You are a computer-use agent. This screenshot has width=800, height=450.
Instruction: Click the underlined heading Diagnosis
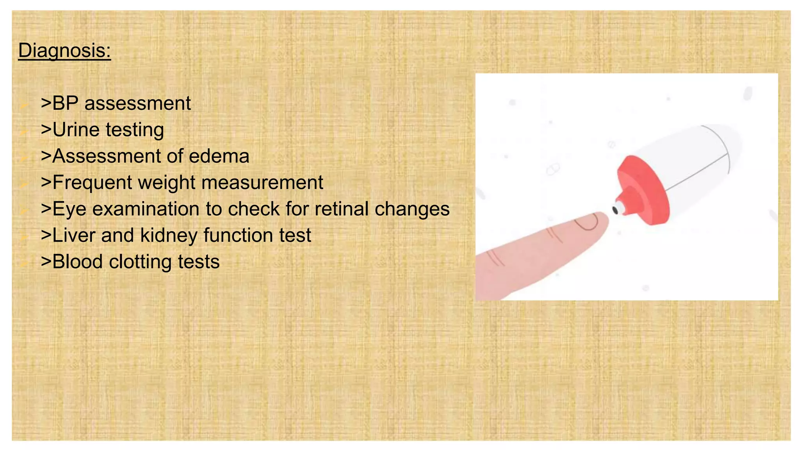64,51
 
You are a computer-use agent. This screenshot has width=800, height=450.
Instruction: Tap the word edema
219,156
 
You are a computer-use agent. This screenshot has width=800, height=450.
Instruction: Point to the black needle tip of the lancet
615,210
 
